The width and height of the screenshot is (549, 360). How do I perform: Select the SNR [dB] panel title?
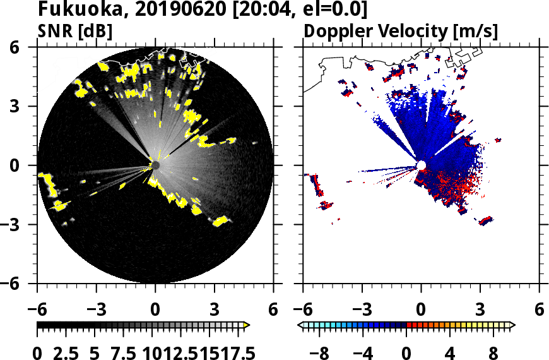pyautogui.click(x=75, y=31)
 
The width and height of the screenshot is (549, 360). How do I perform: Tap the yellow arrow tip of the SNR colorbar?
pyautogui.click(x=247, y=325)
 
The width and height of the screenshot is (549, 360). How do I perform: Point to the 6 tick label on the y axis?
pyautogui.click(x=23, y=47)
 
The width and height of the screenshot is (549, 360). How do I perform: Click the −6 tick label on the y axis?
pyautogui.click(x=18, y=284)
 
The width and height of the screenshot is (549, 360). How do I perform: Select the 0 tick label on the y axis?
pyautogui.click(x=23, y=165)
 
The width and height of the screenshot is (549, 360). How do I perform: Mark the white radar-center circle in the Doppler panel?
pyautogui.click(x=421, y=165)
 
